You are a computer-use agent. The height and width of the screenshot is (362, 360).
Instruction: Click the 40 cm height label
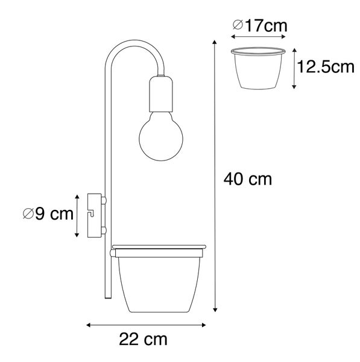[248, 179]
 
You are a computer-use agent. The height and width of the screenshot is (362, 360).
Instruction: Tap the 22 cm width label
[143, 339]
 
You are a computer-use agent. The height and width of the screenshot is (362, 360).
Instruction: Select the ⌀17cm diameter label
[260, 25]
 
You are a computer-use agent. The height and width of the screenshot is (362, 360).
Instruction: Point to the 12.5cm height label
[326, 67]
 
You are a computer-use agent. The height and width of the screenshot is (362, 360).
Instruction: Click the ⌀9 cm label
[48, 214]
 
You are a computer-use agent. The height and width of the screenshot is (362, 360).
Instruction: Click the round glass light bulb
[161, 136]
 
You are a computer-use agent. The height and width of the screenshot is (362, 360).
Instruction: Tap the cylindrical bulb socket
[161, 94]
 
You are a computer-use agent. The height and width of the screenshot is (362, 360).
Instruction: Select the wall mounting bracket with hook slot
[94, 215]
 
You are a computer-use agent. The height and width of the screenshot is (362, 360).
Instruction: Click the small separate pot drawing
[258, 68]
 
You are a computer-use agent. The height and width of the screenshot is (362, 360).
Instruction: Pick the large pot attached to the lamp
[159, 279]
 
